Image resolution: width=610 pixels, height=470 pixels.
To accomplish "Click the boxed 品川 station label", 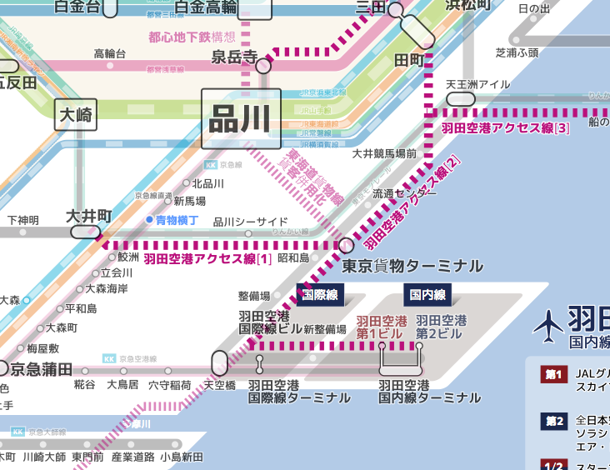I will pos(241,118).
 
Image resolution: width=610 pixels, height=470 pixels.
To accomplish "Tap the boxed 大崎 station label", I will pos(77,115).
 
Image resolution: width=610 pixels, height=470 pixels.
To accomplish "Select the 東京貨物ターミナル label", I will pos(412,266).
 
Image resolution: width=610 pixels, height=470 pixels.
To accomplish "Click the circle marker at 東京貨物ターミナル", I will pos(347,244).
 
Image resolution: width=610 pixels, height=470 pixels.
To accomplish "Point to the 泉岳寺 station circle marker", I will pos(263,65).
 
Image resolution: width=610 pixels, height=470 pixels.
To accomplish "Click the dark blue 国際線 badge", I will pos(320,294).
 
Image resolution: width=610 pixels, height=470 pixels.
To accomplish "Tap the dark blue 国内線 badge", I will pos(427,294).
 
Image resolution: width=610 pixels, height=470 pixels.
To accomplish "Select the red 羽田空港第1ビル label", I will pos(382,327).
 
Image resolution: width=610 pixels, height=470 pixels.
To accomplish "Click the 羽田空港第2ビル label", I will pos(441,327).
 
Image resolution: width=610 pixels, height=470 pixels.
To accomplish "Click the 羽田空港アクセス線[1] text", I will pos(208,259).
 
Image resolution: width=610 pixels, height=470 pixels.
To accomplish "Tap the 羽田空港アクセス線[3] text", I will pos(506,127).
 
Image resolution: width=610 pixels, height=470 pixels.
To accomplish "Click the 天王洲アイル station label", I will pos(477,84).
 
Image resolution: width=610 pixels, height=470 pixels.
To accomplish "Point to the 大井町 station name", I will pos(89,216).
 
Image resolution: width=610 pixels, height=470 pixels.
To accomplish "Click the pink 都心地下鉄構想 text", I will pos(192,37).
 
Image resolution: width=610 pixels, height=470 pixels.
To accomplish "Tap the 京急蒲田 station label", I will pos(42,369).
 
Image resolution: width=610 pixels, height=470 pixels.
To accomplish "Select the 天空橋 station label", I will pos(221,385).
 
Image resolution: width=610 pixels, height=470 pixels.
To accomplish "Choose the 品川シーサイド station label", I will pos(251,222).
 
